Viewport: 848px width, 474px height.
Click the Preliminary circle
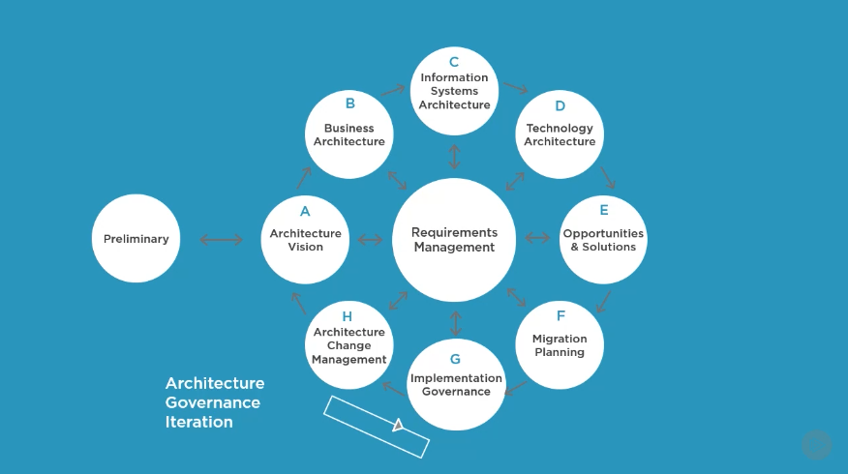tap(136, 239)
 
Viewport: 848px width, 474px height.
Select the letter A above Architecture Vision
tap(305, 211)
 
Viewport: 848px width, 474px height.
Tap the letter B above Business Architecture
tap(349, 104)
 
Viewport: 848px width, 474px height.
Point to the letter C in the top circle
tap(454, 63)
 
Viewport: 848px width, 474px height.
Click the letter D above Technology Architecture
tap(560, 106)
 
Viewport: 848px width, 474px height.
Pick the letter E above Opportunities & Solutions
tap(603, 210)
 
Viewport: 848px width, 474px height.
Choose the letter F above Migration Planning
tap(560, 316)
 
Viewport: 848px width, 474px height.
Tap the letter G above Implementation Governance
tap(455, 359)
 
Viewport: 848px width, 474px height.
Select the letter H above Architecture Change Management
tap(348, 316)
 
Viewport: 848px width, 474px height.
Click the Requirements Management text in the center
tap(454, 240)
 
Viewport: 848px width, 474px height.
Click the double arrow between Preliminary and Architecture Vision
tap(222, 239)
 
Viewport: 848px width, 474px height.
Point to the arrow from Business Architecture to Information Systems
tap(392, 91)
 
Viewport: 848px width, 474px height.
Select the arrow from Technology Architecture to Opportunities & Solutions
tap(608, 177)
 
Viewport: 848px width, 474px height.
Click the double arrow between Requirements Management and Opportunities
tap(537, 238)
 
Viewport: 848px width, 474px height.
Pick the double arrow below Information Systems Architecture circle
tap(454, 156)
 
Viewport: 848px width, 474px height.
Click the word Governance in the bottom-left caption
tap(213, 402)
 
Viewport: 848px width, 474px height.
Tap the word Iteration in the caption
tap(199, 422)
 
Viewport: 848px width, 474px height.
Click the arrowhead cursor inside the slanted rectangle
tap(398, 425)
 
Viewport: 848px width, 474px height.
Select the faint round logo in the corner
tap(816, 445)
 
